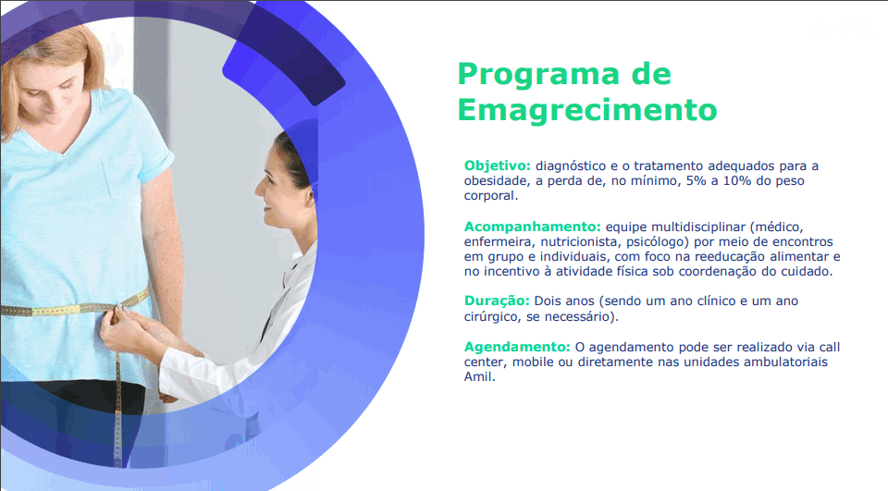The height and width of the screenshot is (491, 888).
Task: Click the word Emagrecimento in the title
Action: pyautogui.click(x=587, y=110)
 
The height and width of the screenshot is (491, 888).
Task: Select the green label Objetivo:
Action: pyautogui.click(x=498, y=166)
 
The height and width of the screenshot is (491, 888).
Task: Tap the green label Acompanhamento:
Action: pyautogui.click(x=533, y=227)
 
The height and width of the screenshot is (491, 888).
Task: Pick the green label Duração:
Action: pyautogui.click(x=497, y=301)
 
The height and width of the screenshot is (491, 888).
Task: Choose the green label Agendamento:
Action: pyautogui.click(x=517, y=347)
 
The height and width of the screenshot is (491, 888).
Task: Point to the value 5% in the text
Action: pyautogui.click(x=696, y=180)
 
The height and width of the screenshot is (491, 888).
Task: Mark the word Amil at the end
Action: pyautogui.click(x=479, y=376)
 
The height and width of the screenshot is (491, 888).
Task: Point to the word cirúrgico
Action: pyautogui.click(x=491, y=316)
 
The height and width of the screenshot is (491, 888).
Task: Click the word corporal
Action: pyautogui.click(x=491, y=196)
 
